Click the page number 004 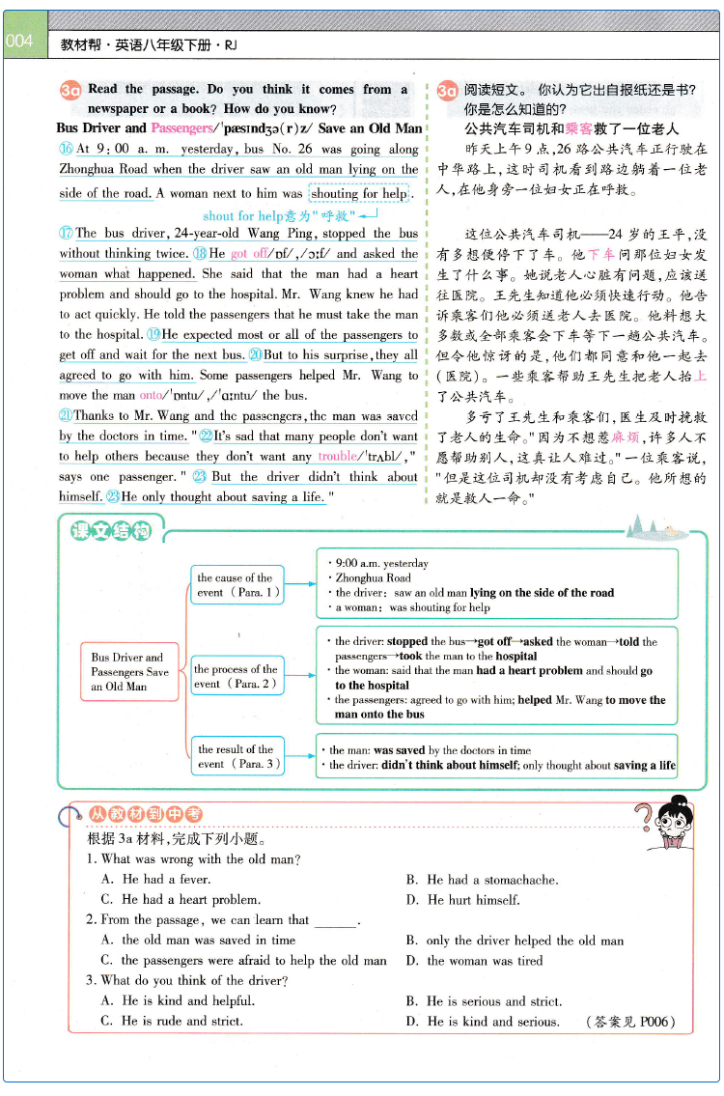pyautogui.click(x=19, y=42)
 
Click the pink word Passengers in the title pyautogui.click(x=181, y=127)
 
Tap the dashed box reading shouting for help pyautogui.click(x=359, y=193)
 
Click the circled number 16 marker pyautogui.click(x=66, y=149)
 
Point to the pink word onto pyautogui.click(x=152, y=395)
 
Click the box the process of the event pyautogui.click(x=237, y=676)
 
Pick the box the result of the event pyautogui.click(x=237, y=756)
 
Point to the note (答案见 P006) pyautogui.click(x=630, y=1022)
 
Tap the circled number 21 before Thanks pyautogui.click(x=66, y=416)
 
